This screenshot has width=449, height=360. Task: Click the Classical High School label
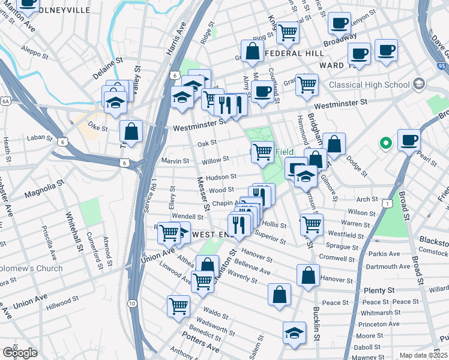[x=372, y=85]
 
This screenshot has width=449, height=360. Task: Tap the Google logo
[x=20, y=352]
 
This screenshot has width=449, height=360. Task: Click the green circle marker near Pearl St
[x=385, y=144]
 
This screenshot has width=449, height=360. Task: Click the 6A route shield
[x=5, y=102]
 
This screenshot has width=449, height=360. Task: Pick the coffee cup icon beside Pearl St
[x=409, y=140]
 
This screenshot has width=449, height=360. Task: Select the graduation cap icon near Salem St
[x=294, y=333]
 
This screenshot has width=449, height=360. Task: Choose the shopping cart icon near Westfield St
[x=312, y=224]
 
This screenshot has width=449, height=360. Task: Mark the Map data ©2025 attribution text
[x=423, y=355]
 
